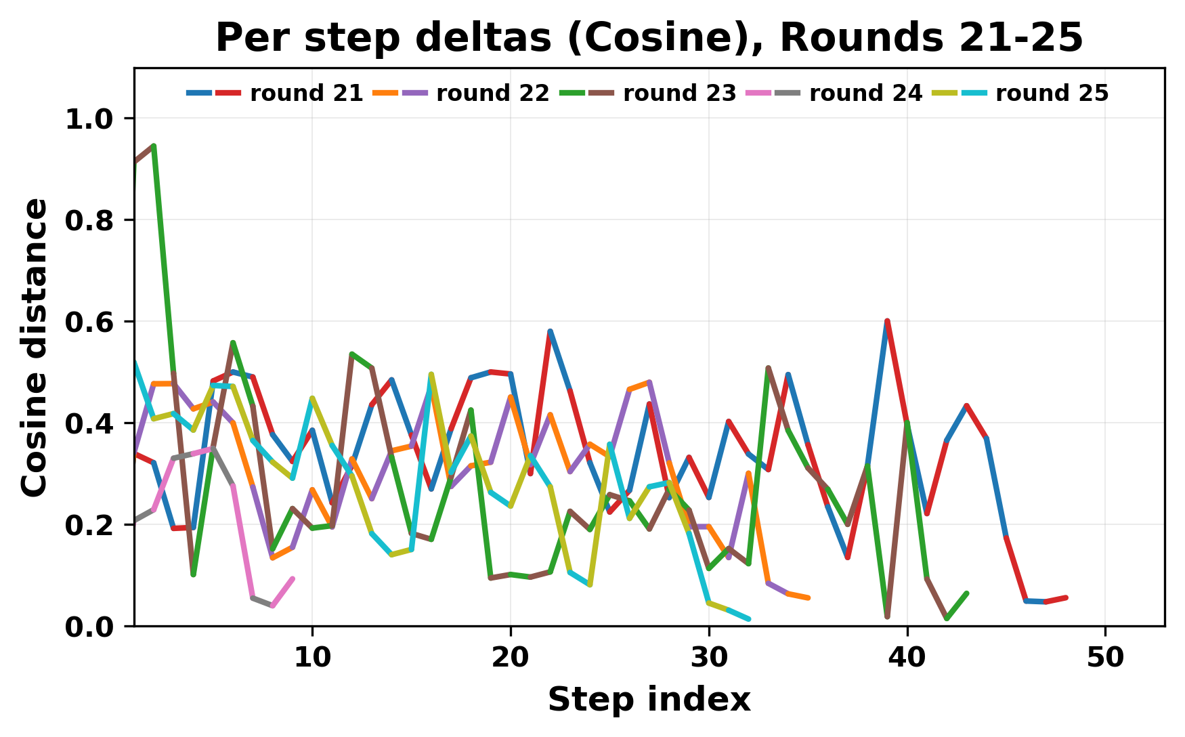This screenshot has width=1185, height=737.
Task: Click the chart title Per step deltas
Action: tap(649, 37)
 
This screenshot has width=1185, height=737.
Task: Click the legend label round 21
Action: tap(306, 93)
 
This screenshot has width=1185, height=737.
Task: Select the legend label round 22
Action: tap(492, 93)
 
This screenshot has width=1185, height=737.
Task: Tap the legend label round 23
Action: tap(679, 93)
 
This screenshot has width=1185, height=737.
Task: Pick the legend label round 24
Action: tap(865, 93)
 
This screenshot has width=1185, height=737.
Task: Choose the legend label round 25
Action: tap(1052, 93)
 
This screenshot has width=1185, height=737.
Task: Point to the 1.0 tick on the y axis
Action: tap(90, 119)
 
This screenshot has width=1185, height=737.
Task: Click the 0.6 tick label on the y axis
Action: tap(90, 322)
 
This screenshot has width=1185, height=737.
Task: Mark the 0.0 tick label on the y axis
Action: tap(90, 627)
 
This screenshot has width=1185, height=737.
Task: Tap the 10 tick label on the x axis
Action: tap(312, 657)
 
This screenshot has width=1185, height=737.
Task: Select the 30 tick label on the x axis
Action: tap(709, 657)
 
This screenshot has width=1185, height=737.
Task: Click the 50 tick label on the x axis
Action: tap(1105, 657)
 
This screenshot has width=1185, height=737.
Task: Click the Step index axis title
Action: tap(649, 700)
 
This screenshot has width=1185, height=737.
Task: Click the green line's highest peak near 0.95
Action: tap(154, 146)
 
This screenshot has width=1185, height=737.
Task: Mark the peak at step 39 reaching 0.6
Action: tap(886, 321)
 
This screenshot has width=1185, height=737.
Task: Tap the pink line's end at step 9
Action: tap(293, 578)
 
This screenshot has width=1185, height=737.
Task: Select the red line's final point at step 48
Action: tap(1066, 597)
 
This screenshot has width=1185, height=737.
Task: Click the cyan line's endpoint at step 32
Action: tap(748, 618)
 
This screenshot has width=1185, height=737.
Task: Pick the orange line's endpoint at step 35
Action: tap(809, 597)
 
